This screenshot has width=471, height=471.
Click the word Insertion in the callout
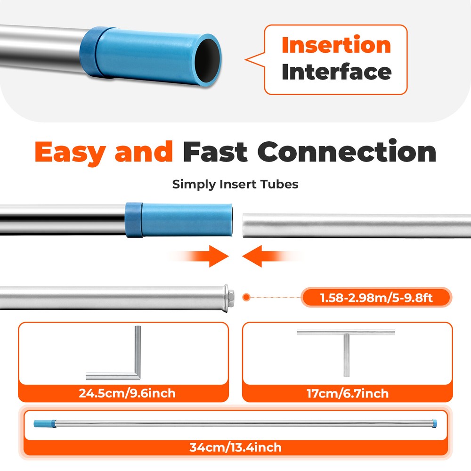pos(336,45)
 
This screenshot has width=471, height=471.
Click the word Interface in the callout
pos(336,72)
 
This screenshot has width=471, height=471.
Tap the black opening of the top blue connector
pos(207,60)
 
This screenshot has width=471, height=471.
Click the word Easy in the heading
pos(70,152)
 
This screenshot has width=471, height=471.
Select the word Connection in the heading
pos(347,151)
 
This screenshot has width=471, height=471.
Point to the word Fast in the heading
pos(215,152)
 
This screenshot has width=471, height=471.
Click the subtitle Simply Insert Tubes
pos(235,184)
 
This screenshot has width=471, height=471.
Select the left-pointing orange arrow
pos(272,256)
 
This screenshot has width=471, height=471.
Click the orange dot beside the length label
pos(246,297)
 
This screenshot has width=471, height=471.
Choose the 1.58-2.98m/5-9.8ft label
pos(376,298)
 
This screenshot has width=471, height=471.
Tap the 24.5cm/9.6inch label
pos(127,393)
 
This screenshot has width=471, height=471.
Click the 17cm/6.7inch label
pos(348,393)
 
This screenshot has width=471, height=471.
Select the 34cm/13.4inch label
pos(235,447)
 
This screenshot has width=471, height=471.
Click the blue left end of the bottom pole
pos(45,424)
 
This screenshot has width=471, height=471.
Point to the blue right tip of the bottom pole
pos(434,424)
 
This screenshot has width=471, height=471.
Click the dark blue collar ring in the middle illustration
pos(134,220)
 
